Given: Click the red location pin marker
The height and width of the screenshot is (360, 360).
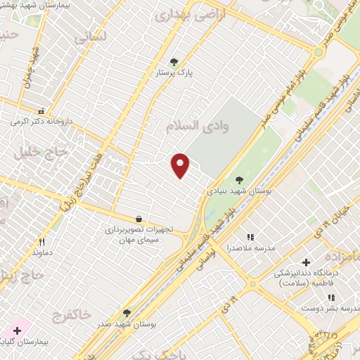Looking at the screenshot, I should (x=181, y=165).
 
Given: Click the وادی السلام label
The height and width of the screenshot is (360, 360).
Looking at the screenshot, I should (x=188, y=127).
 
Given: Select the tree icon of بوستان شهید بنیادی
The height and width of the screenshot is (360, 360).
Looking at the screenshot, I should (x=239, y=180).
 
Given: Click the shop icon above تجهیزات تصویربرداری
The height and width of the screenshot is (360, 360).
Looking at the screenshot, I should (x=139, y=219).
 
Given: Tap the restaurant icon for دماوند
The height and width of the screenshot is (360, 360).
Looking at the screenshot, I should (x=41, y=241).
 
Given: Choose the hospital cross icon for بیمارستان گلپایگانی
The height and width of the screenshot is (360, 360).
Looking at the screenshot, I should (x=17, y=330).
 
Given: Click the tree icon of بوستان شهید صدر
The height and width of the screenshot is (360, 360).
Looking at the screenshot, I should (x=127, y=312).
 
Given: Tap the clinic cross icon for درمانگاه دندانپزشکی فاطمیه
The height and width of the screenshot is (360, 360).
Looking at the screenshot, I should (x=306, y=262).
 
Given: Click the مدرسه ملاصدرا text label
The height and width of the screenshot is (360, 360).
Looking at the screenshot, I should (x=250, y=247).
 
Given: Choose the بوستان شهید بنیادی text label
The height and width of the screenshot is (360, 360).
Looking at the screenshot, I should (x=239, y=191).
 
